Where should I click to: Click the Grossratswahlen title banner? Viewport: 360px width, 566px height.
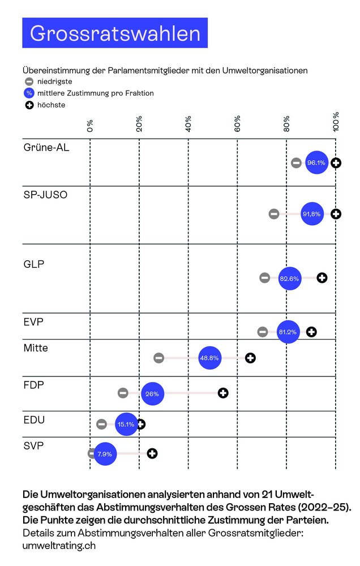(x=115, y=33)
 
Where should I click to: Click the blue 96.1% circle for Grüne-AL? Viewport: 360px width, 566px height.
(x=316, y=163)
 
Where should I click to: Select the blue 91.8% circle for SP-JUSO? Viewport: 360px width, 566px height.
(x=312, y=214)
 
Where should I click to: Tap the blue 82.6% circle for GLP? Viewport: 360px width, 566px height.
(x=290, y=278)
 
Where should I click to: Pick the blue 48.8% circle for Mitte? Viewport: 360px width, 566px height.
(x=210, y=358)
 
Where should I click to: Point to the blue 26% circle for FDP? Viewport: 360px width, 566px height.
(x=152, y=393)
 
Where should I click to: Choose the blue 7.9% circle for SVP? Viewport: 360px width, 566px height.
(x=105, y=453)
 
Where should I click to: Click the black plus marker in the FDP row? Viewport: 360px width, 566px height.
(x=223, y=393)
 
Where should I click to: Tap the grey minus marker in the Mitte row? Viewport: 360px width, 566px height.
(x=159, y=358)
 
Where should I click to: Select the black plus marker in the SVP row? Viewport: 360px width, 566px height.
(x=152, y=453)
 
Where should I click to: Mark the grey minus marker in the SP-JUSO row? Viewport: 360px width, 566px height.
(x=274, y=214)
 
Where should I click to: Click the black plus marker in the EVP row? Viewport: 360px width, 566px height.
(x=311, y=332)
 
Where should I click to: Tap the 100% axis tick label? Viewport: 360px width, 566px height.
(x=336, y=121)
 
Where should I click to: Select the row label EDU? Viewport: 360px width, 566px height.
(x=34, y=421)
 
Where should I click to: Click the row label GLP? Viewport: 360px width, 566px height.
(x=34, y=264)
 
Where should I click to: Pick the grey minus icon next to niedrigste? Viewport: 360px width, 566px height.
(x=29, y=82)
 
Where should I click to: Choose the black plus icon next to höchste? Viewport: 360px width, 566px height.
(x=29, y=105)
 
